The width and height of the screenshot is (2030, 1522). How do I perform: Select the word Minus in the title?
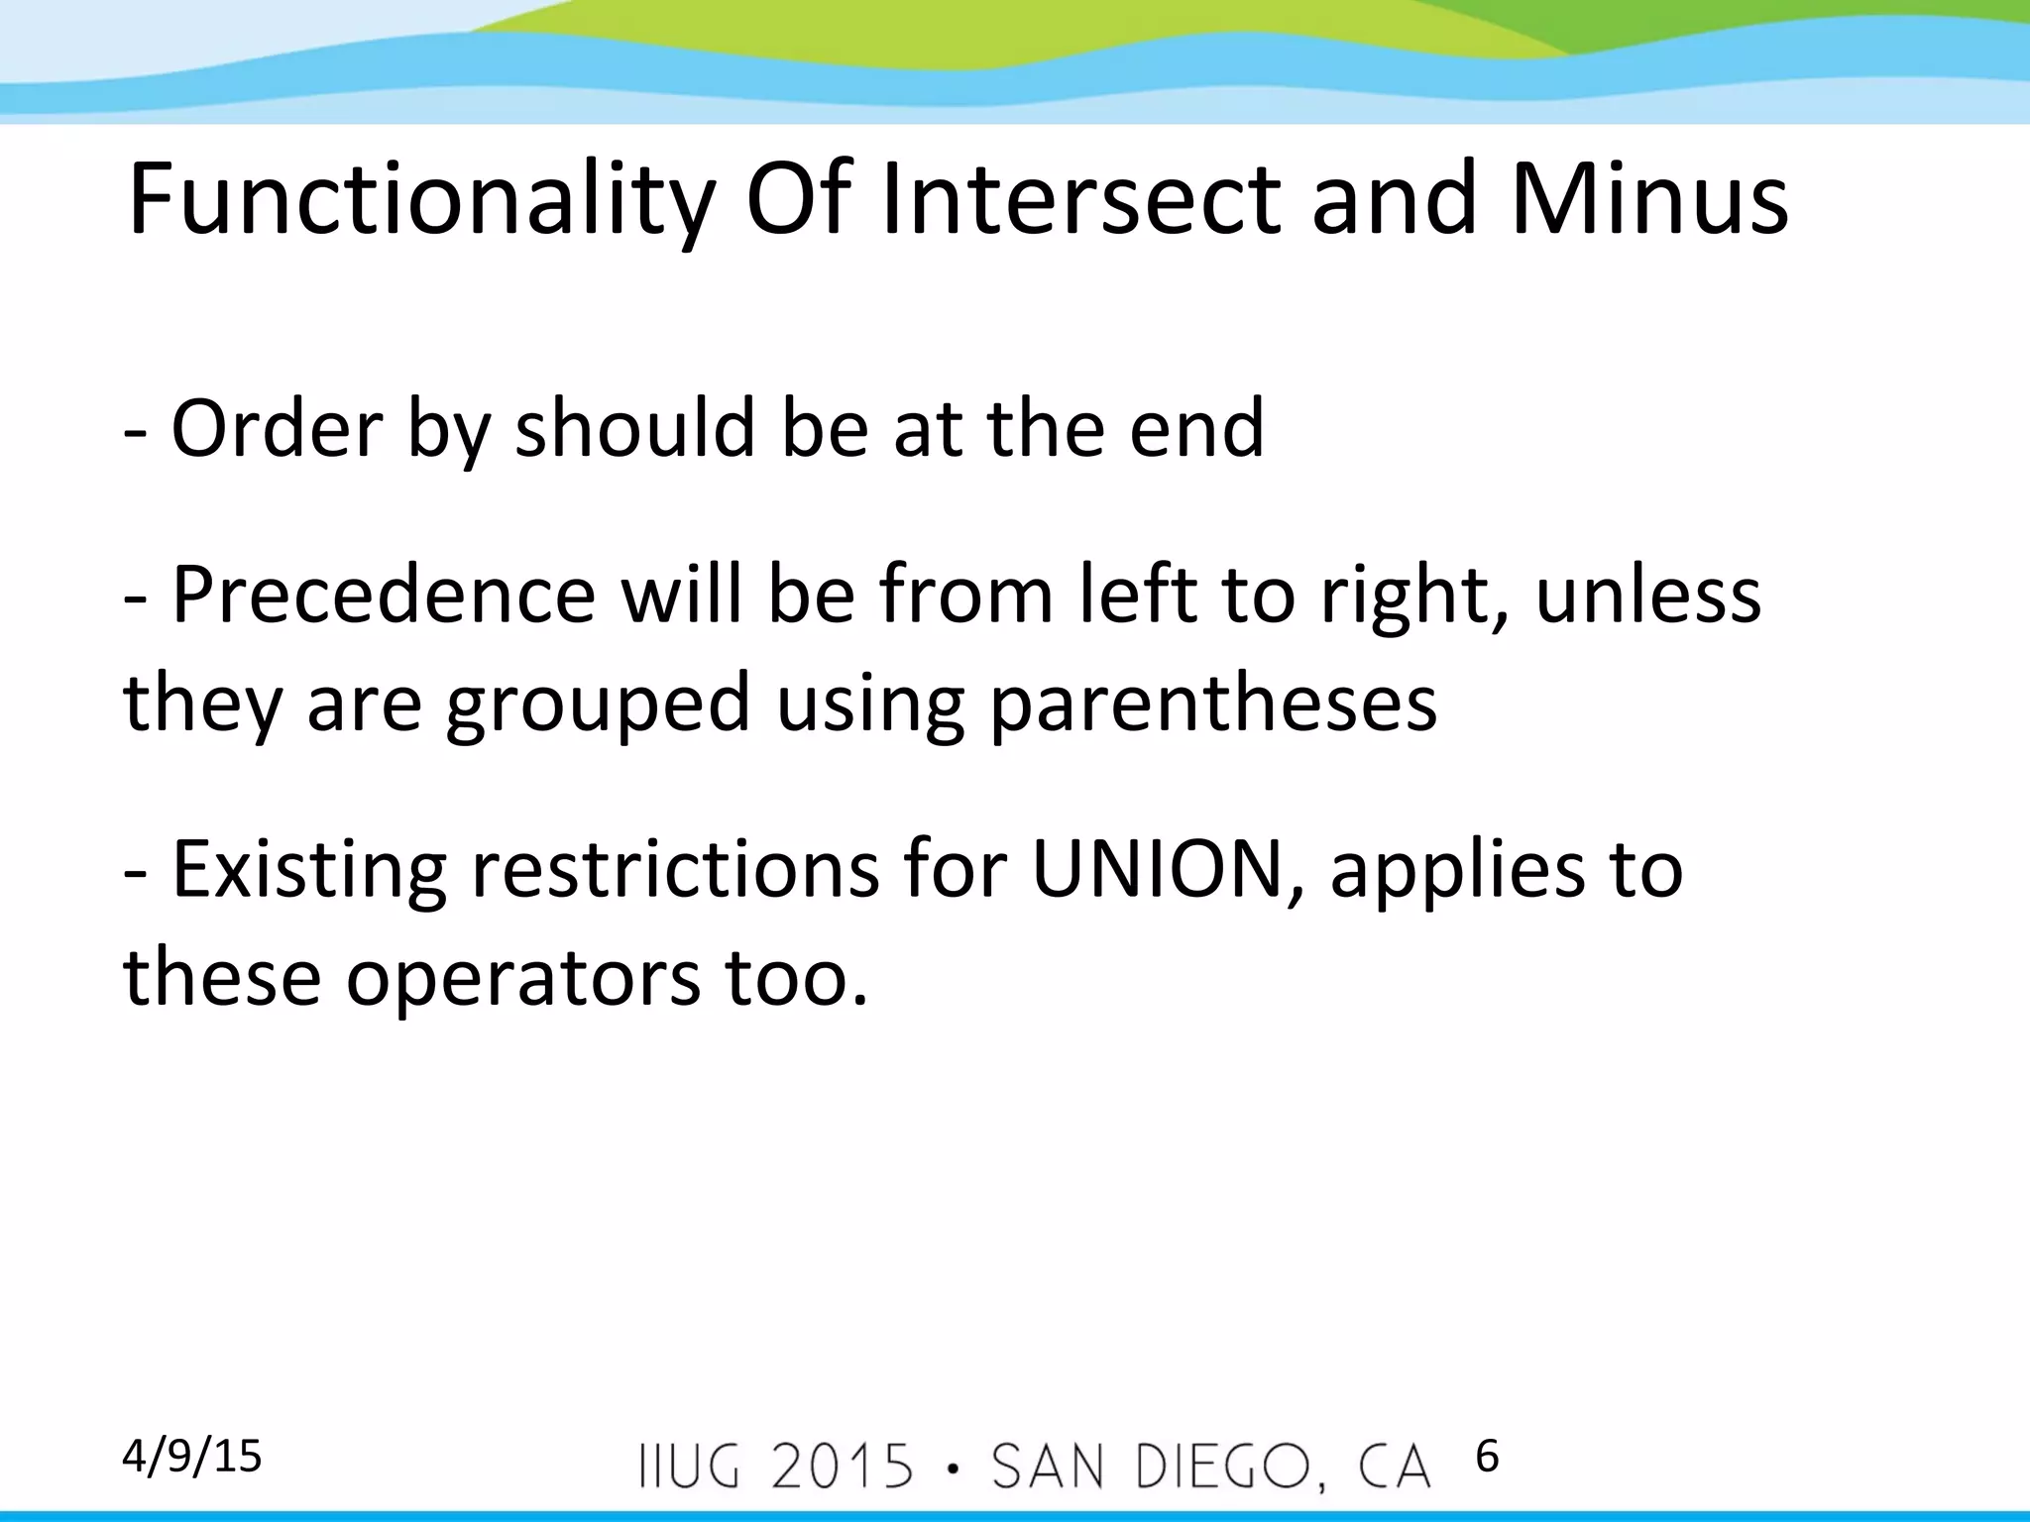click(1649, 202)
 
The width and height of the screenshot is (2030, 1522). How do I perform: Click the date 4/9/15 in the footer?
click(192, 1457)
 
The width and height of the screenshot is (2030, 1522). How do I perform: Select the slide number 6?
click(1487, 1457)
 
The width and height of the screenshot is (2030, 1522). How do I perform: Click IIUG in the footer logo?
click(690, 1468)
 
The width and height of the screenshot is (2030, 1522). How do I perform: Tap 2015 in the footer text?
click(843, 1468)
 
